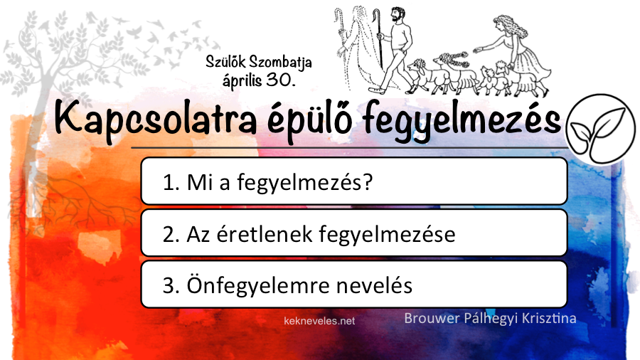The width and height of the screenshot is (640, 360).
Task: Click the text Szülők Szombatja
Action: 259,62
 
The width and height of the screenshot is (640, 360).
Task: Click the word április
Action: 242,80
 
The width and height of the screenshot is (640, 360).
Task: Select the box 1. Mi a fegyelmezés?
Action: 354,181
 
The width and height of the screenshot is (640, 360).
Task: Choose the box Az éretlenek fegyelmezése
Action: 354,233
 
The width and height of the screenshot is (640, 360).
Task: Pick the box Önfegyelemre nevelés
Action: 354,285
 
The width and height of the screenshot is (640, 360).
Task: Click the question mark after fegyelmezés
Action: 368,182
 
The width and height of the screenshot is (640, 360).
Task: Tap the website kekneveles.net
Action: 319,321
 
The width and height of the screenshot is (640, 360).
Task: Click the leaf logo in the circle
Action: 601,129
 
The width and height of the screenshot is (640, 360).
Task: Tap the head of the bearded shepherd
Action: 397,15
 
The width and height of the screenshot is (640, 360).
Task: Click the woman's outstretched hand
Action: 476,51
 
